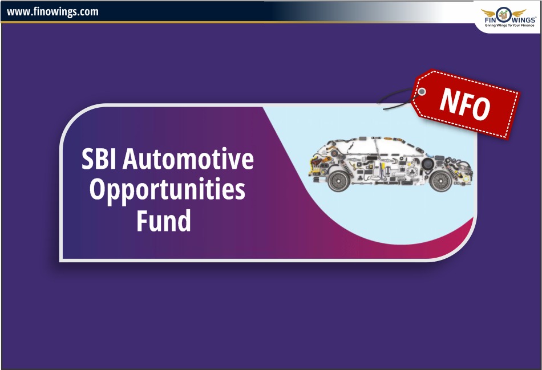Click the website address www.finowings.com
point(52,12)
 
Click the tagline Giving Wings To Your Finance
point(509,26)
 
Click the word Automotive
point(188,158)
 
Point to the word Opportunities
point(167,190)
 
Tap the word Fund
point(164,220)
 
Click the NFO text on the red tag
point(465,104)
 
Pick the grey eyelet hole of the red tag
point(422,92)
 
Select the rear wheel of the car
point(339,180)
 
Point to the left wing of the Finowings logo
point(488,13)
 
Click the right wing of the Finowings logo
point(519,13)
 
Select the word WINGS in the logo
point(523,20)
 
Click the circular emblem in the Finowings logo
point(504,15)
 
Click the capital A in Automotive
point(130,159)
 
